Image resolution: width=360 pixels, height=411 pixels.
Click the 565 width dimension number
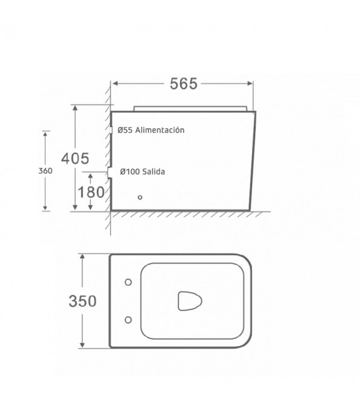(x=184, y=84)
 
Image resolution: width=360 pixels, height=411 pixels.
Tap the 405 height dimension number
(x=75, y=158)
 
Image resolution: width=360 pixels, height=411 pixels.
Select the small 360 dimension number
(x=45, y=171)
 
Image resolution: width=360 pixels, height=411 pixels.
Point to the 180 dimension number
(x=91, y=192)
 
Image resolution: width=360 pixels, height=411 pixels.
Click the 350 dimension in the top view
(x=83, y=301)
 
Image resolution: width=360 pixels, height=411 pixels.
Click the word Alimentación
(x=160, y=130)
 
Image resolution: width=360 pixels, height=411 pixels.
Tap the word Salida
(x=153, y=172)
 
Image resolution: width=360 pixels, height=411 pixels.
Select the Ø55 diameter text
(x=125, y=130)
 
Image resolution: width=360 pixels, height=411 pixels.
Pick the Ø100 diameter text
(x=129, y=172)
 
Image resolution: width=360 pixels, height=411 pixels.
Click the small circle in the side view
(x=140, y=197)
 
